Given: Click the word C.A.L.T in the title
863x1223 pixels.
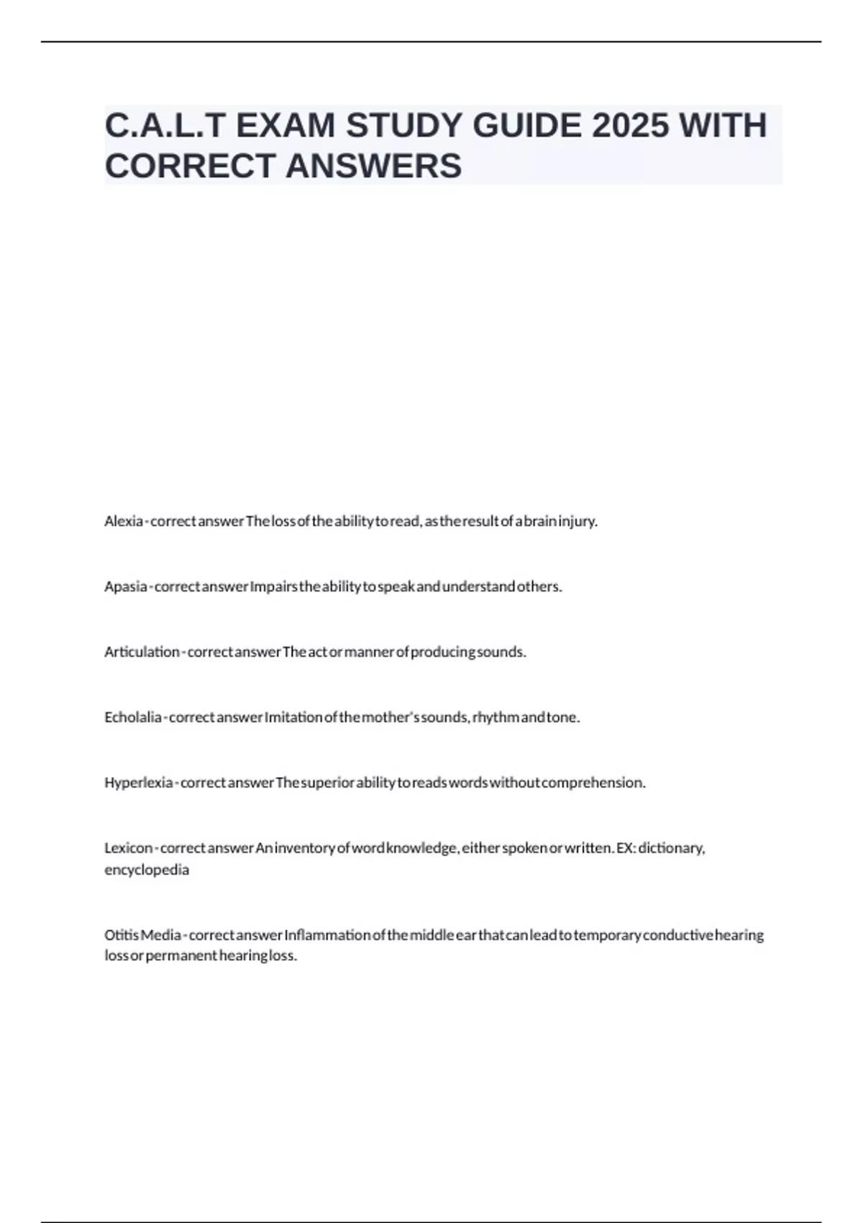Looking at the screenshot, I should tap(165, 126).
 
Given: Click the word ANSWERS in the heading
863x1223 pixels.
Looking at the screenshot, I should tap(373, 166).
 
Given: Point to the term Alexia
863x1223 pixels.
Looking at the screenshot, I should tap(123, 521).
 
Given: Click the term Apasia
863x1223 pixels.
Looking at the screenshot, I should tap(125, 586).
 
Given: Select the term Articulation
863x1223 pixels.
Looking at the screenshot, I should tap(142, 652).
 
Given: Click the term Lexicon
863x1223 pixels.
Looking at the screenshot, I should tap(128, 848).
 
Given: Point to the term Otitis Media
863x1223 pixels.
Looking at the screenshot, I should tap(142, 935).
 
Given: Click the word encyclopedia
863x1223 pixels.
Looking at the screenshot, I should tap(147, 870).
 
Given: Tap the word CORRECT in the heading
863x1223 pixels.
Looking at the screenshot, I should tap(190, 166).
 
